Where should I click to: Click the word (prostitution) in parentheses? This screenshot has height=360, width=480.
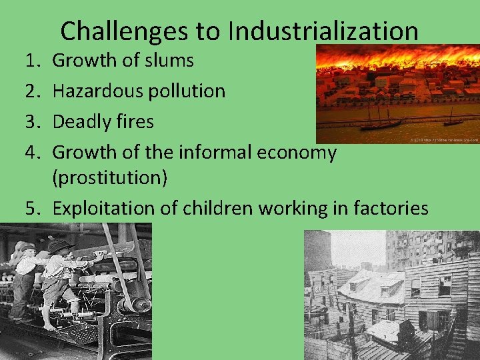pyautogui.click(x=110, y=179)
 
